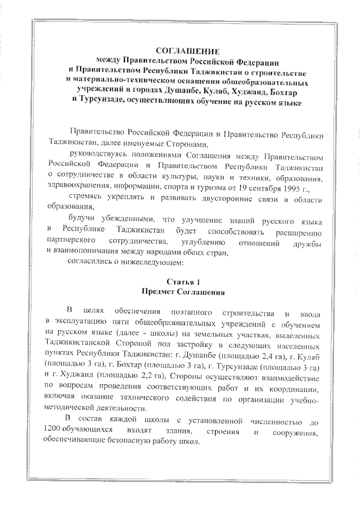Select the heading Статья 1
183,281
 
